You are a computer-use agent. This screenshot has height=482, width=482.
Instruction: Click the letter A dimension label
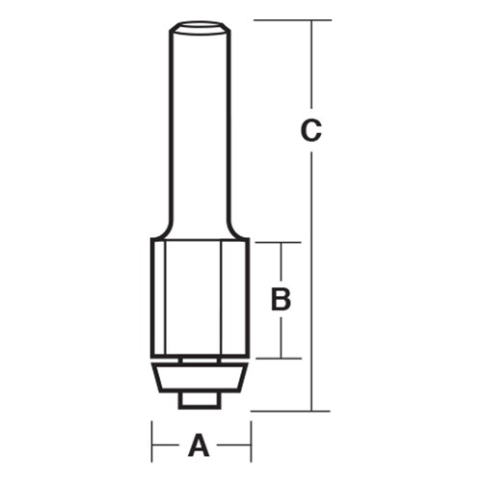click(200, 445)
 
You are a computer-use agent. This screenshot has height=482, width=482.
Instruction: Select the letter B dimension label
click(281, 300)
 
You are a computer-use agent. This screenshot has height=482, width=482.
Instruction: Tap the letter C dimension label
click(310, 130)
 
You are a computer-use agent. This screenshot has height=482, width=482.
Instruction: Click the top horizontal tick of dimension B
click(281, 242)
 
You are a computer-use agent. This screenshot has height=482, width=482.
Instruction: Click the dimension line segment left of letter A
click(168, 445)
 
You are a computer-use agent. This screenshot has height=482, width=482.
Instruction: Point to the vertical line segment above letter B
click(281, 262)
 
